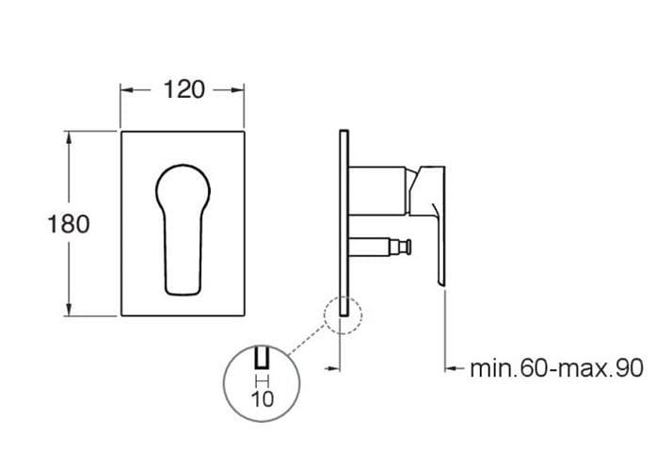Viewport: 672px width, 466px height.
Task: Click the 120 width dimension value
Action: [184, 90]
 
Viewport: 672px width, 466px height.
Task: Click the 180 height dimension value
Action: [69, 224]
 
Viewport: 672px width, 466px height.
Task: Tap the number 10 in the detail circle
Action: [263, 399]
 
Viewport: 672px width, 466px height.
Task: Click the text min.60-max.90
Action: [557, 368]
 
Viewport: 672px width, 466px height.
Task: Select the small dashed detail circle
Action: [324, 315]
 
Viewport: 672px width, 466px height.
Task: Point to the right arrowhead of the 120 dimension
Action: [238, 90]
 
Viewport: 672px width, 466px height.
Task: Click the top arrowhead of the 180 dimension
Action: [69, 137]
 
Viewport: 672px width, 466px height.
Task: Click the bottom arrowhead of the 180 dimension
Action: [69, 309]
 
